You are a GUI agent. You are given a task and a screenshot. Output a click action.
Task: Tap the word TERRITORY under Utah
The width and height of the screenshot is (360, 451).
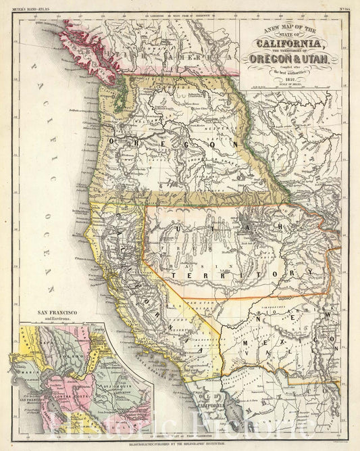pos(243,274)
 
